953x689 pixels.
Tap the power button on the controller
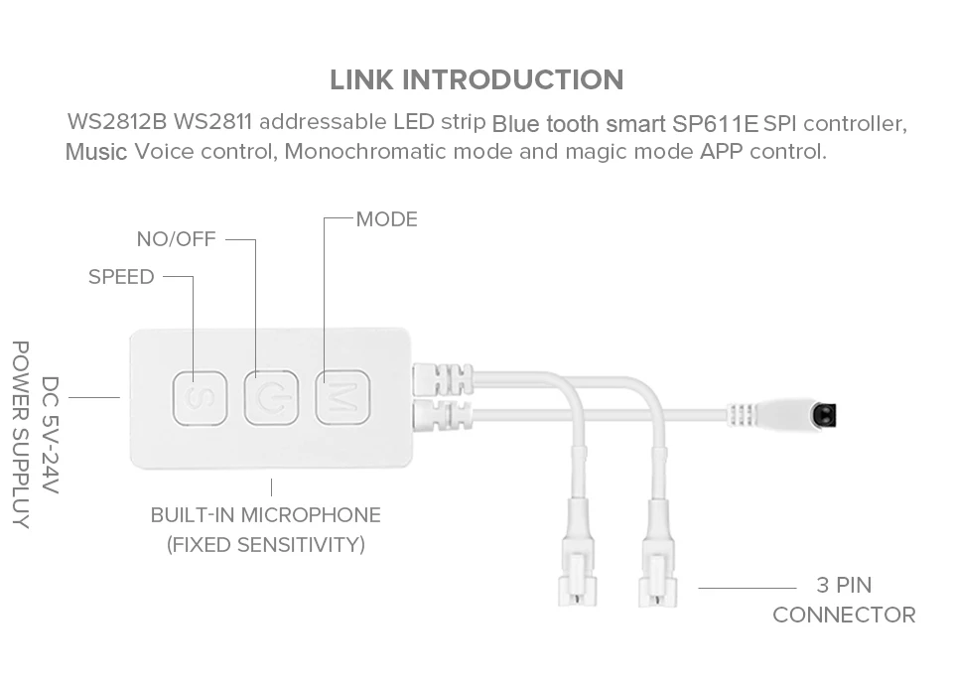click(271, 397)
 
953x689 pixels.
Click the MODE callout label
click(387, 219)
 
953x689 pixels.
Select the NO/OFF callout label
click(176, 239)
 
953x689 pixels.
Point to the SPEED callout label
click(121, 277)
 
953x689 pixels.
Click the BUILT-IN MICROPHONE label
click(265, 515)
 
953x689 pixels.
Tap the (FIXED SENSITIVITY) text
click(265, 545)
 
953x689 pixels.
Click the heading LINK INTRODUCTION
click(476, 79)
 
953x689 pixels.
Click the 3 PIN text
click(844, 585)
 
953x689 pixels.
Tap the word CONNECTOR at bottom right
click(844, 615)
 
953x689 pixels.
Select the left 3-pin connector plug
click(576, 576)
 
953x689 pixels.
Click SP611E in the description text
click(715, 125)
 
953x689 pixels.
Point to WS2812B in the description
click(117, 123)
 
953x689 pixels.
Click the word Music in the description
click(96, 153)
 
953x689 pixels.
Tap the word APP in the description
click(721, 153)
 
